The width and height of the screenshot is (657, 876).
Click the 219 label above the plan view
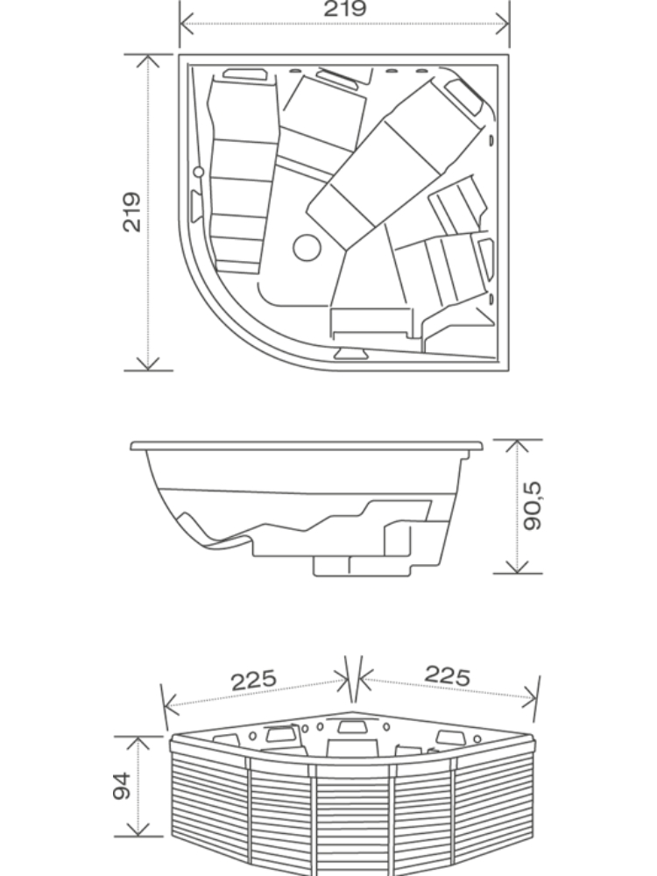tap(344, 9)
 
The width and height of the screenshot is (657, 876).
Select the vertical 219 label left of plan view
tap(132, 212)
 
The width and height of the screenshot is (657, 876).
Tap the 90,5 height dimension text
tap(533, 505)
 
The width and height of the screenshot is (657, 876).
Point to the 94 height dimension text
tap(122, 786)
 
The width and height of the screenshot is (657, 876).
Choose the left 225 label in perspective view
tap(254, 680)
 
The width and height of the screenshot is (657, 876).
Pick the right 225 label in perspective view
tap(448, 675)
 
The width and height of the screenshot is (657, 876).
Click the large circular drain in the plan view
tap(307, 248)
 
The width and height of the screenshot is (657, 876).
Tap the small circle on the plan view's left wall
tap(198, 172)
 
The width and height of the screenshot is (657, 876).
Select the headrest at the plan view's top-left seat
tap(244, 74)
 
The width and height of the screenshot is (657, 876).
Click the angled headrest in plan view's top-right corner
tap(463, 96)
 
